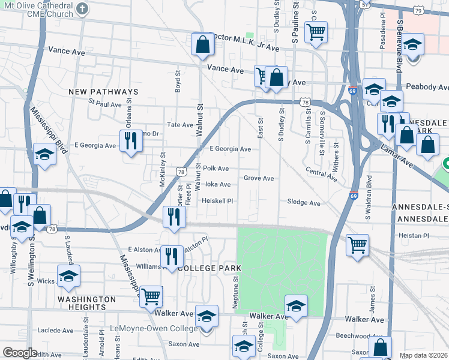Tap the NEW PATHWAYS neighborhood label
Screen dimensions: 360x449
[x=103, y=92]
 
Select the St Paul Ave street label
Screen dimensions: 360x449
[x=105, y=104]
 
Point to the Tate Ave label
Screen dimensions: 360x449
[x=180, y=125]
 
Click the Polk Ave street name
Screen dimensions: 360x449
[x=216, y=169]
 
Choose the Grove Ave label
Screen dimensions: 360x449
[x=259, y=178]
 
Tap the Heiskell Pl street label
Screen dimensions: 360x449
[x=217, y=201]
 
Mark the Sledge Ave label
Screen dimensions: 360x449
[x=304, y=203]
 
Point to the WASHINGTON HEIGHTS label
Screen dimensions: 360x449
[x=87, y=303]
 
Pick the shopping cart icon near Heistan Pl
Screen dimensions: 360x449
[x=357, y=245]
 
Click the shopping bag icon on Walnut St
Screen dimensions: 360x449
[x=203, y=44]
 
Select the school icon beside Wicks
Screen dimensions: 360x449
[x=68, y=276]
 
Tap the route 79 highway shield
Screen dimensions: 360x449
[x=418, y=10]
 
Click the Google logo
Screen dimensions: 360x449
[x=20, y=352]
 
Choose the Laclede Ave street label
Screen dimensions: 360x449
[x=55, y=330]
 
